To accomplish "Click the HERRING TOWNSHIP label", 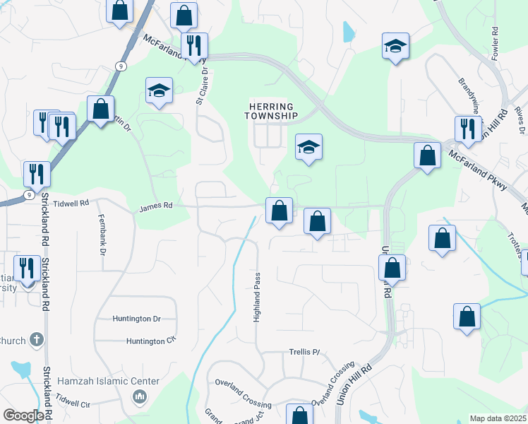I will [272, 111].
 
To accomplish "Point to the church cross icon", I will [37, 340].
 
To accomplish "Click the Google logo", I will [23, 416].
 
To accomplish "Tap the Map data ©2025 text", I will [497, 418].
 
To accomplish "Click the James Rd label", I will [156, 207].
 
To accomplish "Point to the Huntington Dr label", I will [137, 319].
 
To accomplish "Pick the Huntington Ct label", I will [150, 341].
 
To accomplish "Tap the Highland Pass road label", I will [257, 296].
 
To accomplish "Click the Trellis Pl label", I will [304, 351].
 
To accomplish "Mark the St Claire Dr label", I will [203, 86].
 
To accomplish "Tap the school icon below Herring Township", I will [308, 147].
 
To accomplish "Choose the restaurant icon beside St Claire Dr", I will [193, 45].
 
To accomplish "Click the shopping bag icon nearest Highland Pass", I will [279, 210].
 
